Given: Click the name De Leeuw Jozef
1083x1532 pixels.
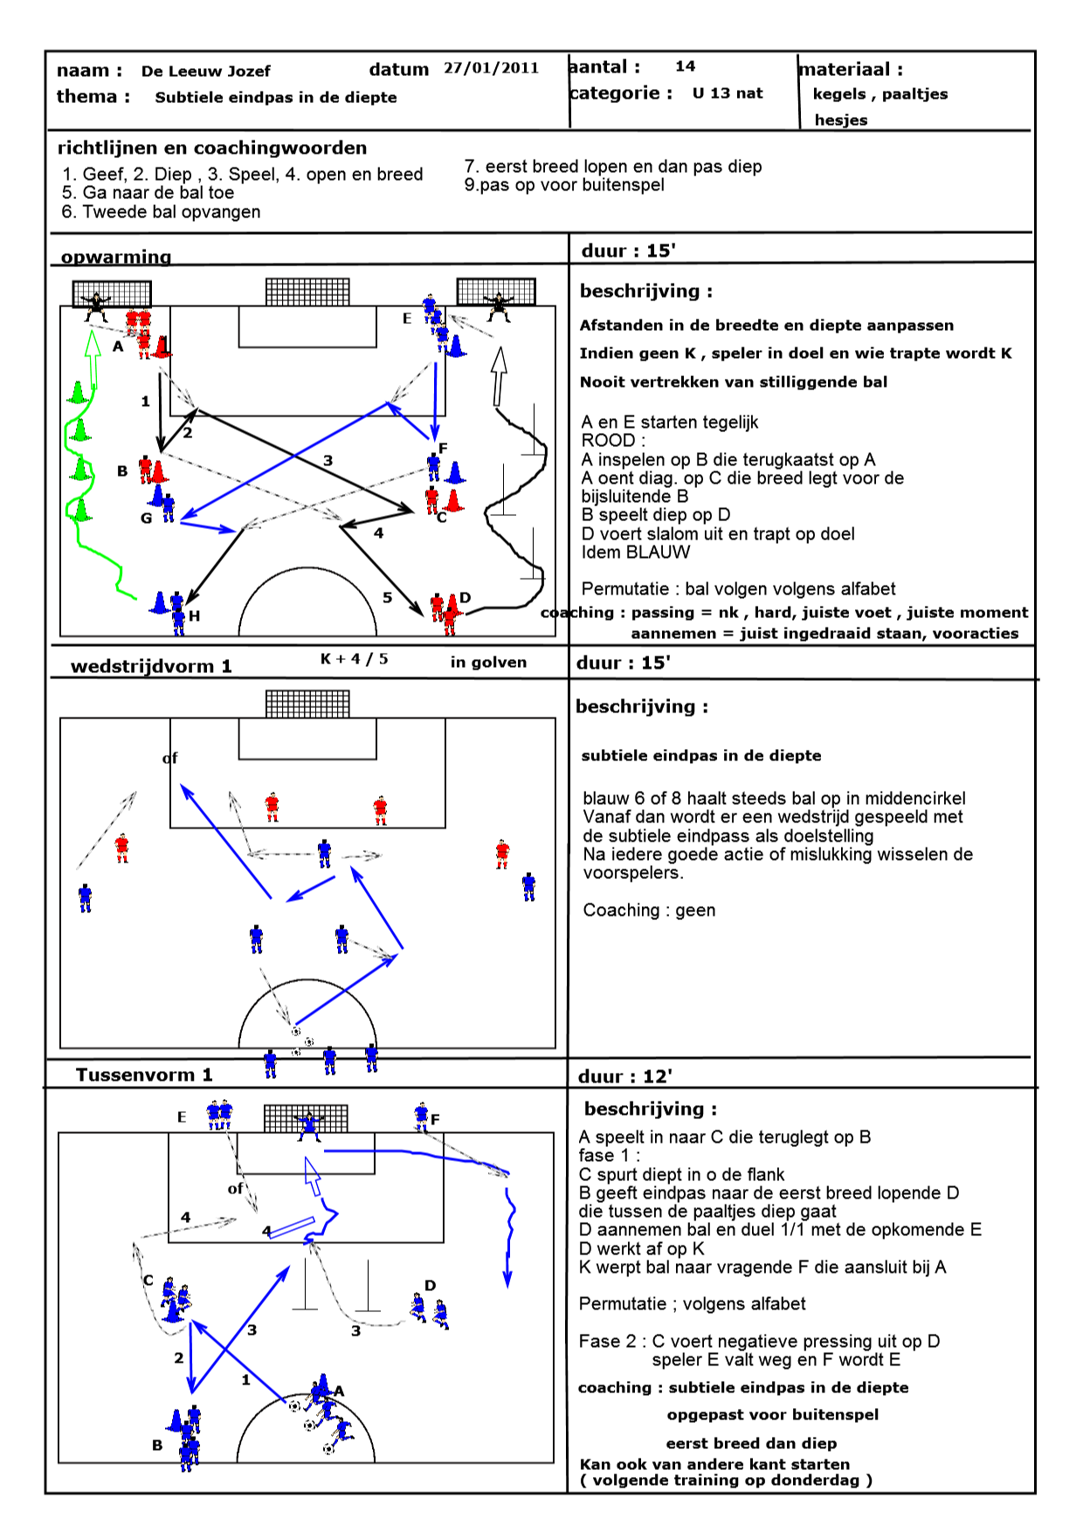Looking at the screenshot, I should (205, 72).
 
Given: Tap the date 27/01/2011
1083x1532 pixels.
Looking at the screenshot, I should (491, 68).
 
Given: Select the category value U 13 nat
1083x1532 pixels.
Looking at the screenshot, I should (728, 93).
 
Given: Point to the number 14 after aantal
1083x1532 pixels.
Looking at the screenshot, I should (686, 66).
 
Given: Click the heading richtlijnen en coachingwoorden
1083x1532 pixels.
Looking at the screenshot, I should (212, 148).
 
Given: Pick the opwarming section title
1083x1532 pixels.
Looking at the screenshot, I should (116, 257).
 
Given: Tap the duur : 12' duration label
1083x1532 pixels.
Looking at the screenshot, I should (624, 1076).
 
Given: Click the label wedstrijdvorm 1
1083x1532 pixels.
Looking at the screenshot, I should (151, 666).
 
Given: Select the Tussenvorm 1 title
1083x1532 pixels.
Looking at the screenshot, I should (144, 1075).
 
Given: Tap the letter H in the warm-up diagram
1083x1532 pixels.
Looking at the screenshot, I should (195, 615).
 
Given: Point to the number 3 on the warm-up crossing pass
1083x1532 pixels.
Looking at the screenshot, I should (328, 460).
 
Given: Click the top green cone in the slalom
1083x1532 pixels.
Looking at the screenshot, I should (78, 393).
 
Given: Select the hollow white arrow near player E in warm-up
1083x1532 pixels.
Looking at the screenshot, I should (499, 375).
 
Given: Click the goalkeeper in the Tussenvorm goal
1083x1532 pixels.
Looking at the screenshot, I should (308, 1125).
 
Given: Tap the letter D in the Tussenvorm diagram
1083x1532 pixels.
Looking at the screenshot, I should (430, 1285).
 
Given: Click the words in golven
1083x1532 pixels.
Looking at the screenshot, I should (488, 662).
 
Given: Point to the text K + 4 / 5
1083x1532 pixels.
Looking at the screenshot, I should (354, 658).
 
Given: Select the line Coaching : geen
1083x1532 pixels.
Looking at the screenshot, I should (649, 910).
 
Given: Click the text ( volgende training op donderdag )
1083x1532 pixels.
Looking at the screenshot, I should (726, 1480).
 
